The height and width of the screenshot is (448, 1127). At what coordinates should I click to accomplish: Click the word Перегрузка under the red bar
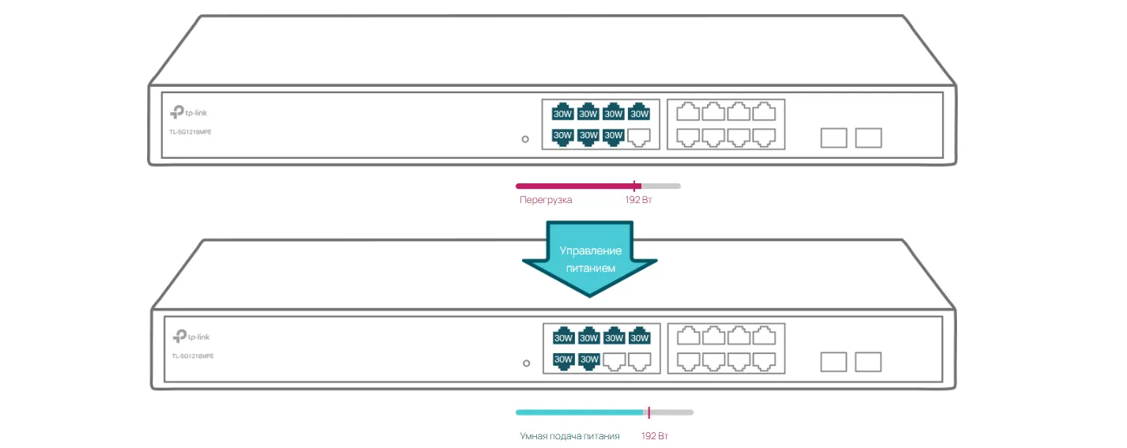click(546, 200)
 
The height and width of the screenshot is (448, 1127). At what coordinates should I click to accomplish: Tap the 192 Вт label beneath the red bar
click(638, 200)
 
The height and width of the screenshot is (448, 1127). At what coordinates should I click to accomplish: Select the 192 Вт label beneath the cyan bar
click(655, 436)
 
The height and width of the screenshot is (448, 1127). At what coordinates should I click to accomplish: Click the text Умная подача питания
click(569, 436)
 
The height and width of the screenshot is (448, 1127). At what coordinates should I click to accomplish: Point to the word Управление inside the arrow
click(591, 251)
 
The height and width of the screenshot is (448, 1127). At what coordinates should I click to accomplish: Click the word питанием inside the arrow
click(591, 269)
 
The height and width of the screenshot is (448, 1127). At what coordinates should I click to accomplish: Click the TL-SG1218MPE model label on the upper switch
click(191, 132)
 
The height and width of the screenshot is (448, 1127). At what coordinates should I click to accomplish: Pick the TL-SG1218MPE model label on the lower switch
click(193, 356)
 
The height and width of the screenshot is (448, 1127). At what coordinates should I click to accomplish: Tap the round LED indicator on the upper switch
click(525, 140)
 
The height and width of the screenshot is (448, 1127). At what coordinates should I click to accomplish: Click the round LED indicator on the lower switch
click(527, 363)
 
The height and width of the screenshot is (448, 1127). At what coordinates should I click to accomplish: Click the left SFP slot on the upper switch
click(834, 138)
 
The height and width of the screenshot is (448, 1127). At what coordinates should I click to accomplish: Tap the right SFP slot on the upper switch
click(868, 138)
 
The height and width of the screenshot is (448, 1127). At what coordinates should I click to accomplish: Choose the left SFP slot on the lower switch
click(834, 362)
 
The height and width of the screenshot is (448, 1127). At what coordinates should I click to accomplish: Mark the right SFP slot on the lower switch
click(868, 362)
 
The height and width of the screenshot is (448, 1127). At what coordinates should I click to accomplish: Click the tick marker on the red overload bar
click(635, 186)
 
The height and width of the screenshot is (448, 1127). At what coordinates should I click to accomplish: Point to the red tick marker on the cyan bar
click(649, 412)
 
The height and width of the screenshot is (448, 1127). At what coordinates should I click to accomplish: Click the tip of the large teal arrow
click(590, 296)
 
